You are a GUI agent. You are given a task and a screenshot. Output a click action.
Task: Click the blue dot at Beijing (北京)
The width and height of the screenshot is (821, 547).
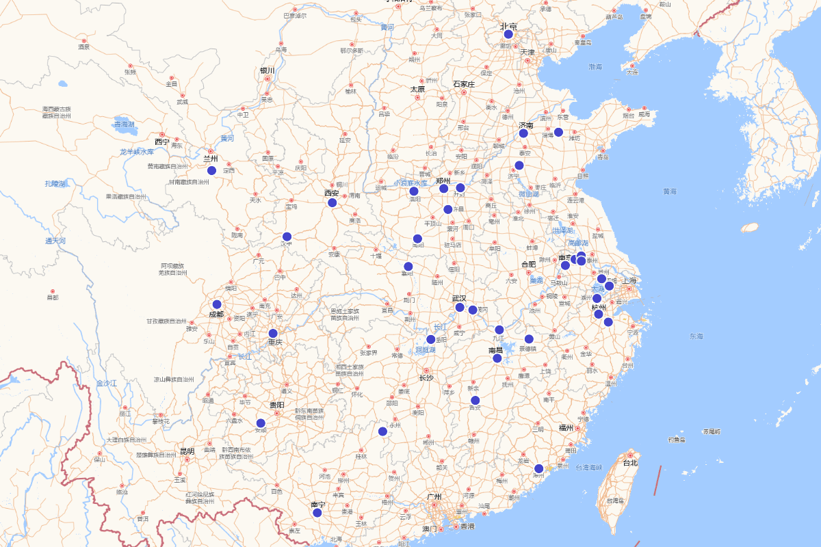pos(508,34)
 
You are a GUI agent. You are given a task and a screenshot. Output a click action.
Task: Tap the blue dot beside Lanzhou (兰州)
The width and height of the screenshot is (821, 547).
pos(211,170)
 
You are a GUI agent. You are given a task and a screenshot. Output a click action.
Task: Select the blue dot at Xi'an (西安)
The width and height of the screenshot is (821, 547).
pos(332,202)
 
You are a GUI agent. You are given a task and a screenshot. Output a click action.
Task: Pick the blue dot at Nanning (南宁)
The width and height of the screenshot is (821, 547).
pos(317,513)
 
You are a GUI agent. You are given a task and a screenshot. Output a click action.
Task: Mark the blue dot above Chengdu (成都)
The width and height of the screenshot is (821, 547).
pos(217,304)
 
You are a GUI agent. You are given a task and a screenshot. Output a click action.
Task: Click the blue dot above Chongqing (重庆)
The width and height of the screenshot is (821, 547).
pos(273,333)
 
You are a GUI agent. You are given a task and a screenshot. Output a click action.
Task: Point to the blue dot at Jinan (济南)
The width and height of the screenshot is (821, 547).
pos(523,133)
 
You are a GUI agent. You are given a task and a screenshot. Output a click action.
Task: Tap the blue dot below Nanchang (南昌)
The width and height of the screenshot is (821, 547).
pos(497,358)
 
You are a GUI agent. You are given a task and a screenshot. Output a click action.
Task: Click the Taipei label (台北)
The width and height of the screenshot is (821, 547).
pos(629,463)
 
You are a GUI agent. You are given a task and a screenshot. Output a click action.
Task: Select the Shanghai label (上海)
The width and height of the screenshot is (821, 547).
pos(629,280)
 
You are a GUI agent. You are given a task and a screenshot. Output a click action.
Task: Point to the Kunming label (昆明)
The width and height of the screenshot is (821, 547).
pos(187,451)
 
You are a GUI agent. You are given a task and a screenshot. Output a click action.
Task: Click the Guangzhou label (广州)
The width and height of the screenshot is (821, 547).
pos(433,497)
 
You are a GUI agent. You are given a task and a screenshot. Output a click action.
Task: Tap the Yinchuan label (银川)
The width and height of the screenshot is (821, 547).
pos(267,70)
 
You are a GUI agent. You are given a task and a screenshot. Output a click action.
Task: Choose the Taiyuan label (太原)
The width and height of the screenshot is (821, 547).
pos(417,89)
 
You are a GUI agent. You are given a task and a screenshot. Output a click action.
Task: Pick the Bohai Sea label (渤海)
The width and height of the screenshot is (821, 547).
pos(595,67)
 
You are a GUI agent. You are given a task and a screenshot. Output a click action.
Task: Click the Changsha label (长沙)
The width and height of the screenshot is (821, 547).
pos(426,377)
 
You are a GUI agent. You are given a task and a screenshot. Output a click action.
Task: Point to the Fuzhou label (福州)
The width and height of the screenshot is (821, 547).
pos(565,428)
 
